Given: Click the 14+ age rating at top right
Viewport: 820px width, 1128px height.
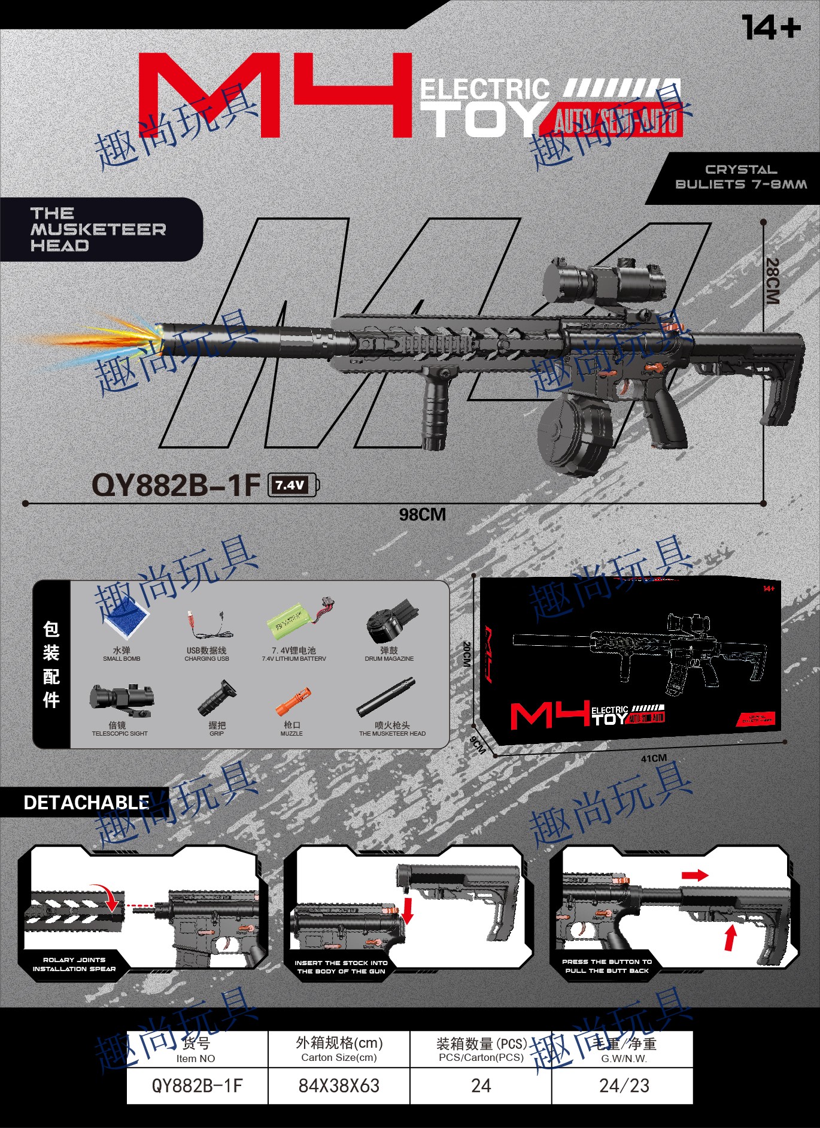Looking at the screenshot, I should coord(770,28).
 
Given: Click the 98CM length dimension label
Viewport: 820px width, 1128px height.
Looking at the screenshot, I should coord(423,515).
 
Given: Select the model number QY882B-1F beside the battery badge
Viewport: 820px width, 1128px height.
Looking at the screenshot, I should coord(176,485).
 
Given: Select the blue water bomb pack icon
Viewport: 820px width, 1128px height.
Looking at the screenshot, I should coord(126,620).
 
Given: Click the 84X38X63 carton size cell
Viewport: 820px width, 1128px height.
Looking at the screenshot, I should coord(339,1085).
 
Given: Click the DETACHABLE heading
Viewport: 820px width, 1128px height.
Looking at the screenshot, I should coord(86,803).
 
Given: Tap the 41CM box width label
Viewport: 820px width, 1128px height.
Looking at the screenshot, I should coord(654,758).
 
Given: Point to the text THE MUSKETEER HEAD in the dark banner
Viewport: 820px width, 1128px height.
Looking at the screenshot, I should coord(98,229).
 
